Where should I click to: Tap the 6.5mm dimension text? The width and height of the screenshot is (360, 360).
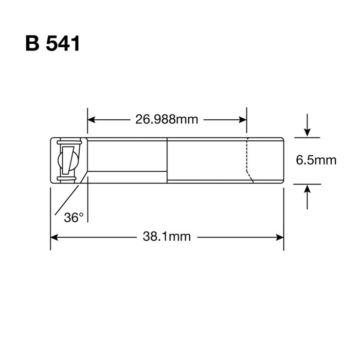[316, 160]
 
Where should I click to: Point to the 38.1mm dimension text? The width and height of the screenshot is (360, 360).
[167, 237]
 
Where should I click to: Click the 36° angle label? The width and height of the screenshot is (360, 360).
[74, 218]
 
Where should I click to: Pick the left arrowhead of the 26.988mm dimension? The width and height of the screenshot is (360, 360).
[91, 120]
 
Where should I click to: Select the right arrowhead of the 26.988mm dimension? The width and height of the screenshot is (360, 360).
[243, 120]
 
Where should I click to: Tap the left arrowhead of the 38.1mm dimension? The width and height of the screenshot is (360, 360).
[55, 237]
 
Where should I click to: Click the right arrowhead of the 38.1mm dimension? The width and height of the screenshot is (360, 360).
[280, 237]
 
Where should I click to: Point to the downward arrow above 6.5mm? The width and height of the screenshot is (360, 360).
[308, 131]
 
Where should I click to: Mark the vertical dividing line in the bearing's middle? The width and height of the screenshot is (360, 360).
[168, 159]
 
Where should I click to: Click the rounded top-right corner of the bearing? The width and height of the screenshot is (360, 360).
[282, 140]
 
